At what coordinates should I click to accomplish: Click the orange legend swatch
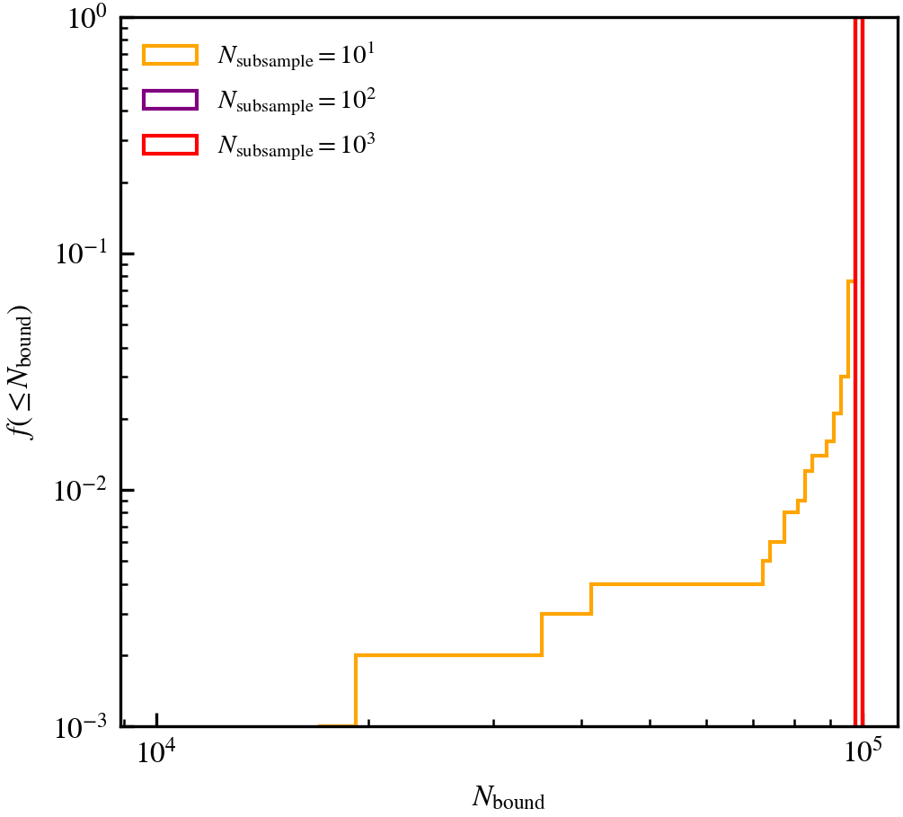[169, 55]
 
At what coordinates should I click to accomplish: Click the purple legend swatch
[169, 99]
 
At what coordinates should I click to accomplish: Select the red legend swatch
[169, 144]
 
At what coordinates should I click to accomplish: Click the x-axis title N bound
[508, 796]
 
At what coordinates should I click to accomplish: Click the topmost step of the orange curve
[850, 281]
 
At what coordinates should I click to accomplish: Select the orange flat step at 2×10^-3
[448, 654]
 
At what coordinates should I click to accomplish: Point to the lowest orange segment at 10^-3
[337, 725]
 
